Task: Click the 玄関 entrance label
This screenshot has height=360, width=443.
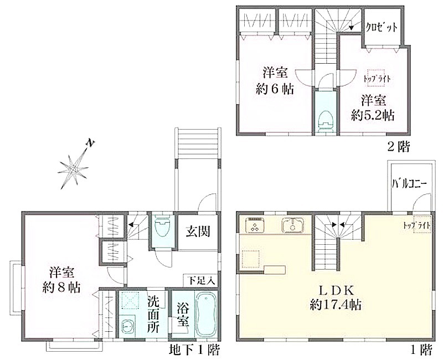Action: [198, 232]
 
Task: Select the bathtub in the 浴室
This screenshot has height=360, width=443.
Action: [206, 314]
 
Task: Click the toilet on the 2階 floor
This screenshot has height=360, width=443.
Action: [326, 121]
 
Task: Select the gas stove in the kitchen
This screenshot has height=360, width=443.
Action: [255, 225]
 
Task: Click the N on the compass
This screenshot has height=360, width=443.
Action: [90, 143]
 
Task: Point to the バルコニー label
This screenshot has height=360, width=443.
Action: [410, 184]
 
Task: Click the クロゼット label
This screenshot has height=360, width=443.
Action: [382, 27]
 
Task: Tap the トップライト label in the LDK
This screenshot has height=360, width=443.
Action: [417, 225]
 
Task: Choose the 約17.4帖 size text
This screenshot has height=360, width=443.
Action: [336, 305]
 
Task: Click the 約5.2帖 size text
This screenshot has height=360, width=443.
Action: [373, 115]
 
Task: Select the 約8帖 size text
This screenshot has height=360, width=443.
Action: [61, 287]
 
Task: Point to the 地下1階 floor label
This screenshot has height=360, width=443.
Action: [194, 351]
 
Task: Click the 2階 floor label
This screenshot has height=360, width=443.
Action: [398, 147]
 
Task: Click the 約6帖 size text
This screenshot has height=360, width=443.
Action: [275, 89]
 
